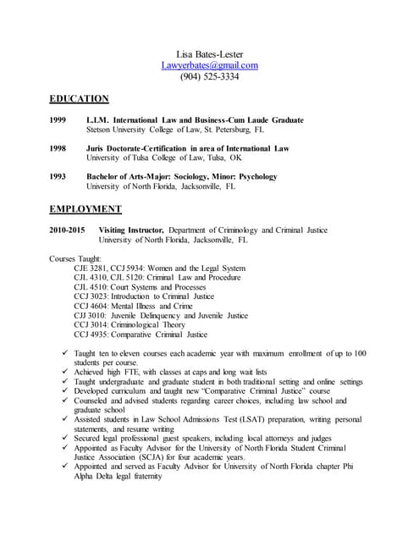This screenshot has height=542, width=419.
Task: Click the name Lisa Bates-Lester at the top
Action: point(209,54)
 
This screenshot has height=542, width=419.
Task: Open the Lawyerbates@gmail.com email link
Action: point(209,65)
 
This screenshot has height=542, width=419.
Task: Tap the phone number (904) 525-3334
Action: point(209,76)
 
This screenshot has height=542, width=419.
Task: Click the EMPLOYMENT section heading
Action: point(85,208)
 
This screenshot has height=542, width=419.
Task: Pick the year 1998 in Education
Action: point(59,148)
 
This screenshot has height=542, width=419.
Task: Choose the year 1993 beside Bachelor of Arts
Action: point(59,176)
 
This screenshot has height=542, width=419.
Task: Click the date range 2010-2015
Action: point(67,230)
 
